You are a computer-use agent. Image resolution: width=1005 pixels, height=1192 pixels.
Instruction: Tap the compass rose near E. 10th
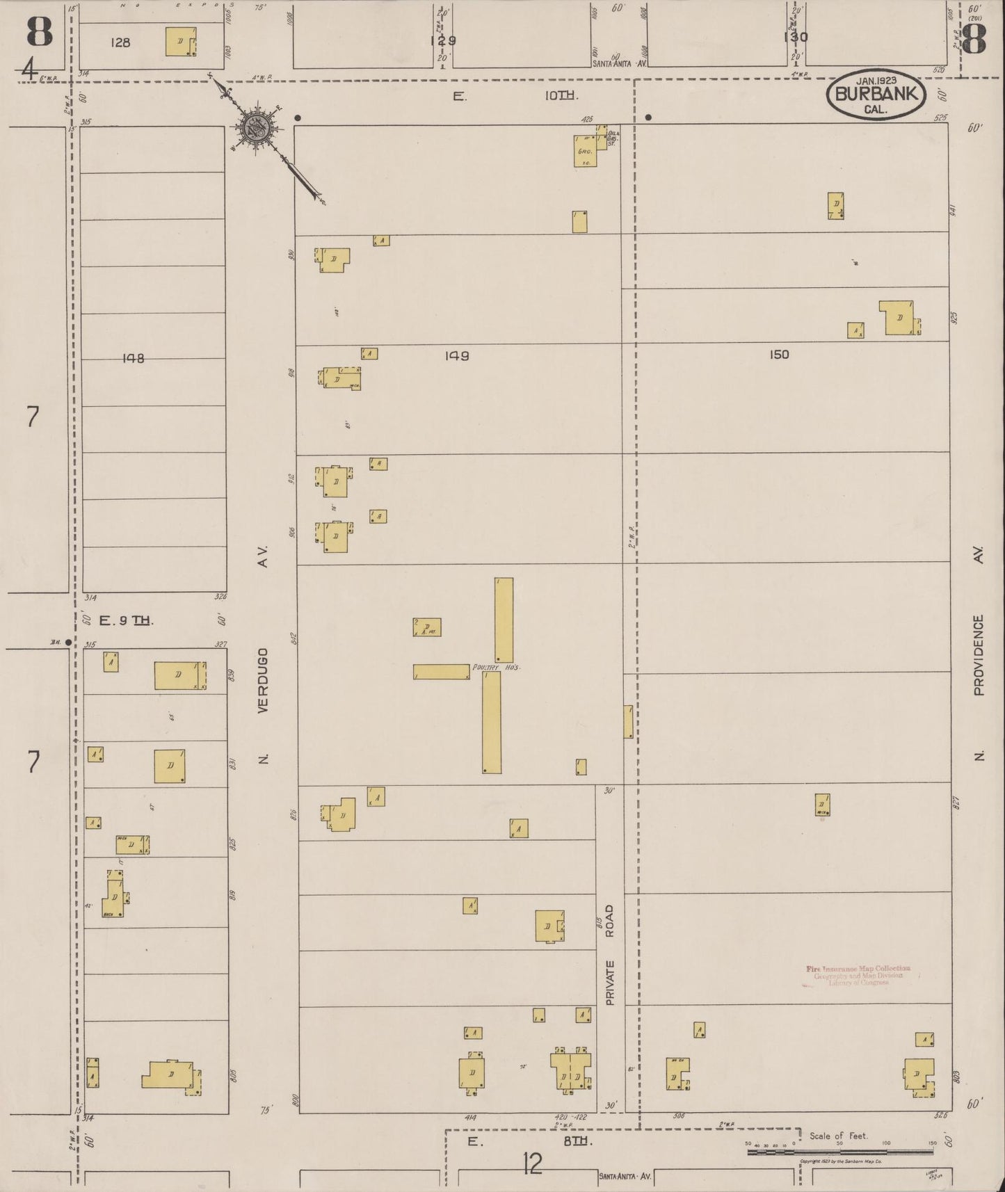[256, 129]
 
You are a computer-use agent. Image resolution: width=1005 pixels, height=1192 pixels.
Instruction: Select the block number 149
[457, 356]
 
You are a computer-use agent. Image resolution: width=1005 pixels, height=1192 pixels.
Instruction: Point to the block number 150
[779, 355]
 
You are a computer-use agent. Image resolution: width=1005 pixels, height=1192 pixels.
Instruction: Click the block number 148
[133, 358]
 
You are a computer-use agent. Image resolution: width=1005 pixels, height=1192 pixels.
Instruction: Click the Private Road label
[610, 954]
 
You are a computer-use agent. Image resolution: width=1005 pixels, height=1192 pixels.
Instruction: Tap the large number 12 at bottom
[532, 1163]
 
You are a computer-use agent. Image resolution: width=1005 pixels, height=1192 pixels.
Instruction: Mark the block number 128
[120, 42]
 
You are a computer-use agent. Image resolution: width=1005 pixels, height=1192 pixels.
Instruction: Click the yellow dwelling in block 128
[180, 42]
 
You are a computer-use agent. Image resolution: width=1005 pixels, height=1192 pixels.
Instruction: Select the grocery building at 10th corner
[584, 151]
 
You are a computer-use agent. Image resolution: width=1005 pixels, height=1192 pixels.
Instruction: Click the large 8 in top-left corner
[40, 31]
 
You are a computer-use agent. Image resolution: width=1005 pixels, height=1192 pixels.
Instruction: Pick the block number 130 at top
[795, 38]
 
